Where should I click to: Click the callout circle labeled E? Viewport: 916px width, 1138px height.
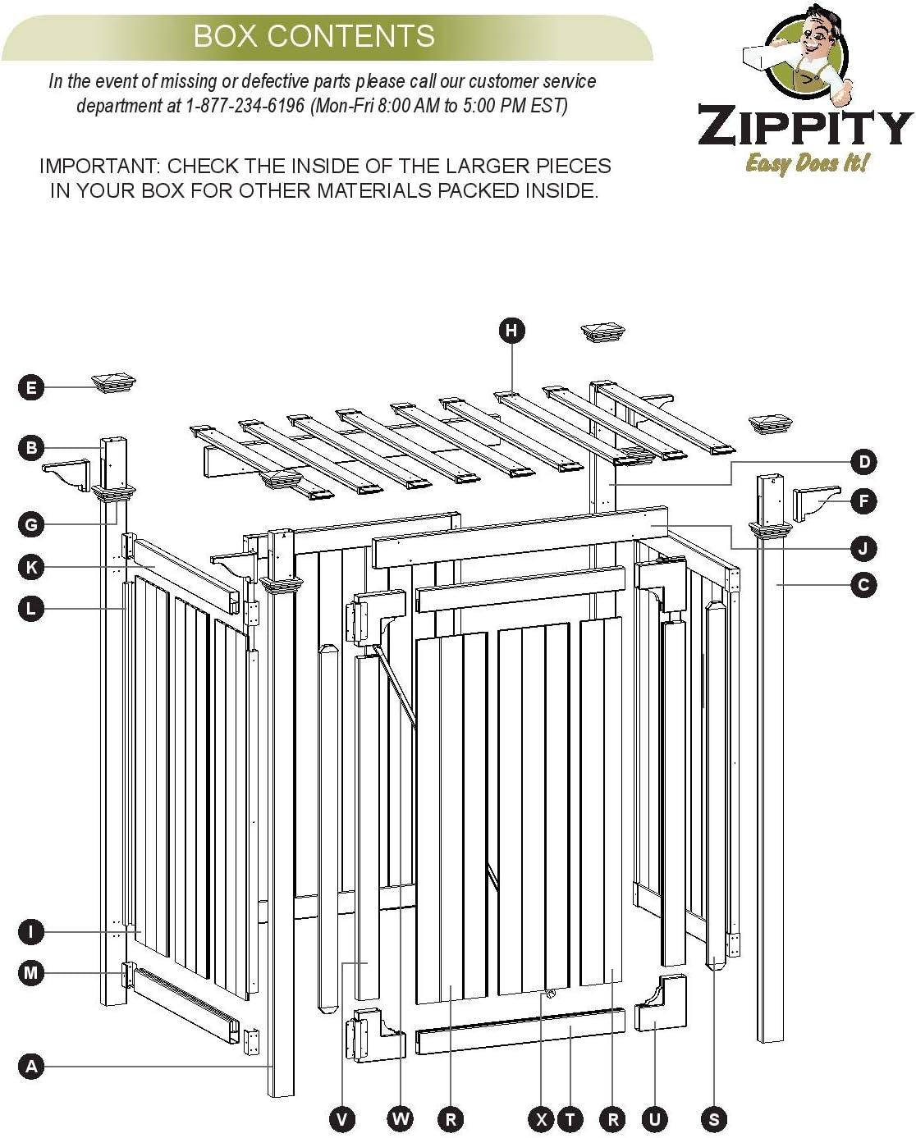(x=31, y=387)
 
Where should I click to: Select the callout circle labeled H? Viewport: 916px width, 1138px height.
(x=511, y=330)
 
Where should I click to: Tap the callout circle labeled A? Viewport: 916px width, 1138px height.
(x=31, y=1067)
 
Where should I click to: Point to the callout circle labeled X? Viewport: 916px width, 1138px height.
(x=542, y=1119)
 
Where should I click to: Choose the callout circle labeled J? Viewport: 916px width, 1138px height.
(x=863, y=548)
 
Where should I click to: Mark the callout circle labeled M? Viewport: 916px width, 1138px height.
(x=31, y=973)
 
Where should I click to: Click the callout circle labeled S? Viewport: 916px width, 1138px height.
(x=714, y=1119)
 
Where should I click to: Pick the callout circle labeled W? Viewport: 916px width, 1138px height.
(x=401, y=1119)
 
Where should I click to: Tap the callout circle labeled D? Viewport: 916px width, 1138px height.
(x=863, y=462)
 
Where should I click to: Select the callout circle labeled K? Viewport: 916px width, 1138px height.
(x=31, y=567)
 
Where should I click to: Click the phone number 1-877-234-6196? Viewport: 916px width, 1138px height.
(x=245, y=106)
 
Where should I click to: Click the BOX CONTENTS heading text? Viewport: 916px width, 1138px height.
(x=314, y=36)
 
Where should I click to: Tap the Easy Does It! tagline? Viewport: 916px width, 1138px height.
(x=806, y=162)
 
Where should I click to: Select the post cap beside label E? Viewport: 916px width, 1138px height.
(x=113, y=382)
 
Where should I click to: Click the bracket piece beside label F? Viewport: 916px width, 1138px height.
(x=816, y=503)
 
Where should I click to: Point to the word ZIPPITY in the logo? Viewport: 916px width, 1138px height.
(x=804, y=126)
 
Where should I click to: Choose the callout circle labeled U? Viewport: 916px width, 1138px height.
(x=654, y=1119)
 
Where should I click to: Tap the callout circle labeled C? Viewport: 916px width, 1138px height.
(x=863, y=585)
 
